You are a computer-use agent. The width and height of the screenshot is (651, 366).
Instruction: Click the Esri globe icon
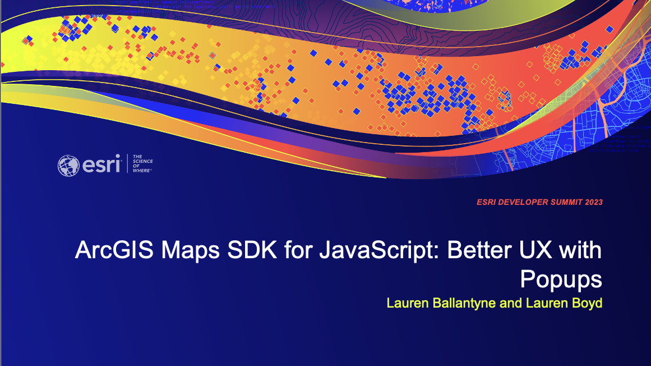pos(69,165)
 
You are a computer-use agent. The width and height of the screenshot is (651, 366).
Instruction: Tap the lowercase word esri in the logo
pos(100,165)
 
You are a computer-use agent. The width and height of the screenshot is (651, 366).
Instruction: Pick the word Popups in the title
pos(561,279)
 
